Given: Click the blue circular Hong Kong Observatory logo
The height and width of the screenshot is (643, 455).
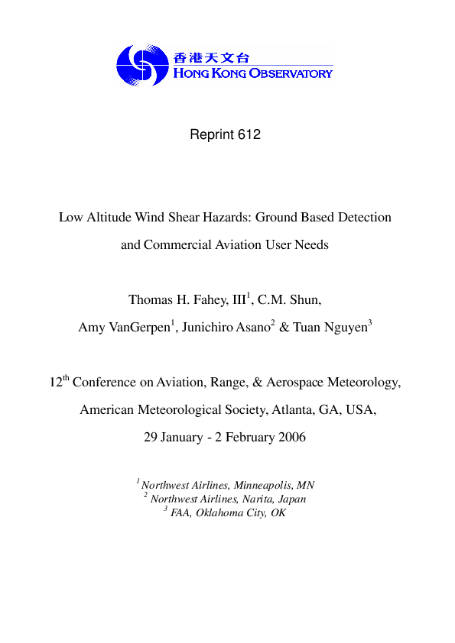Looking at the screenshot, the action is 142,64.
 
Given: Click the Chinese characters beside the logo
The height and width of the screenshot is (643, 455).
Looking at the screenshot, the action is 211,57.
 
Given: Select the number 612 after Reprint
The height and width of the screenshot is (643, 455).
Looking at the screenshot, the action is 249,135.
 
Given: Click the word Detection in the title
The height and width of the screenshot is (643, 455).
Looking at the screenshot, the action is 362,217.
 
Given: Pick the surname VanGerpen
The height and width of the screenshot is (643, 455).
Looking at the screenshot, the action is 141,328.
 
